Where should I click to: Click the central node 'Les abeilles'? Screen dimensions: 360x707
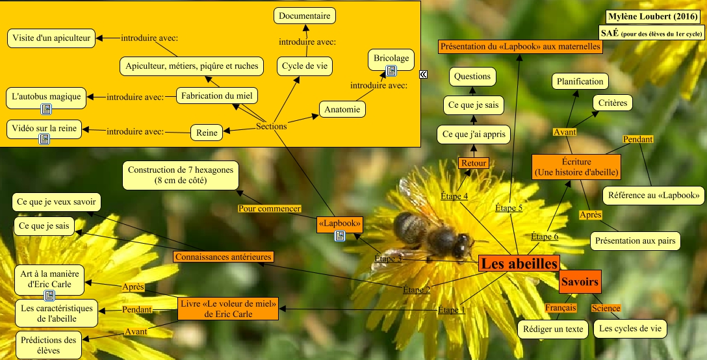[519, 263]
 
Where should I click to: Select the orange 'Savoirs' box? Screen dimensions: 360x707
[579, 282]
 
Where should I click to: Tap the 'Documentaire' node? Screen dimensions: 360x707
[303, 16]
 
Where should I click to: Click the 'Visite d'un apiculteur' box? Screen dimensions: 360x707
[51, 38]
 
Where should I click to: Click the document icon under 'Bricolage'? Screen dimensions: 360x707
[391, 71]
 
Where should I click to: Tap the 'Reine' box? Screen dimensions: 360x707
[207, 133]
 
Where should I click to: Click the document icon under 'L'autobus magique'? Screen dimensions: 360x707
[46, 109]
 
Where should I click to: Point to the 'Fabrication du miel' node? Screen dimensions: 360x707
[217, 96]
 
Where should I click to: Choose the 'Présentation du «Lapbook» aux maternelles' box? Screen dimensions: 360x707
[521, 47]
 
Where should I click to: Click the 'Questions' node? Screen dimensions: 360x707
[472, 76]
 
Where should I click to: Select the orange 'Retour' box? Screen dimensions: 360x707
[474, 163]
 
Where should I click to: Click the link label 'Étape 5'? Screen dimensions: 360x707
[509, 207]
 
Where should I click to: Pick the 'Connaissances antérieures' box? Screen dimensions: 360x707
[224, 257]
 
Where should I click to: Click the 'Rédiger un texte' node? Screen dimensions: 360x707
[553, 329]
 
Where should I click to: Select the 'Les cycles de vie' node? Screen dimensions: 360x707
[630, 329]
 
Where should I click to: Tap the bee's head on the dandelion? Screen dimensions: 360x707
[462, 244]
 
